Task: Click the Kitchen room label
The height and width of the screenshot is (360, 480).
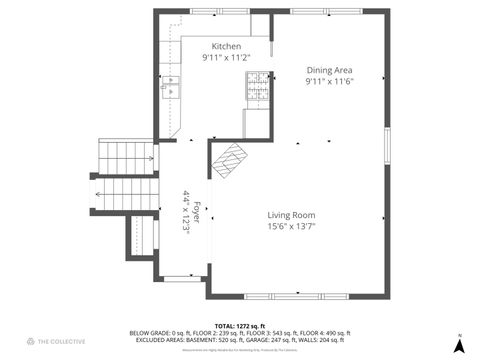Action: pos(226,46)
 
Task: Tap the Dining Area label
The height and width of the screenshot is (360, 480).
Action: pos(330,70)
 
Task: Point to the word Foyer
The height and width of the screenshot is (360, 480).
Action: pos(197,212)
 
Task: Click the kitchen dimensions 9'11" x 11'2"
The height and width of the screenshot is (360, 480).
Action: pos(226,58)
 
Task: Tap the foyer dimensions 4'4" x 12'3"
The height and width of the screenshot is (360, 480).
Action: pos(186,212)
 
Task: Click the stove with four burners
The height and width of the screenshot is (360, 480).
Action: pos(259,86)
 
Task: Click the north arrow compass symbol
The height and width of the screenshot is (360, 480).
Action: pos(458,343)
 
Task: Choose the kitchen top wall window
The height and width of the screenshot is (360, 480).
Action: pos(206,11)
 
